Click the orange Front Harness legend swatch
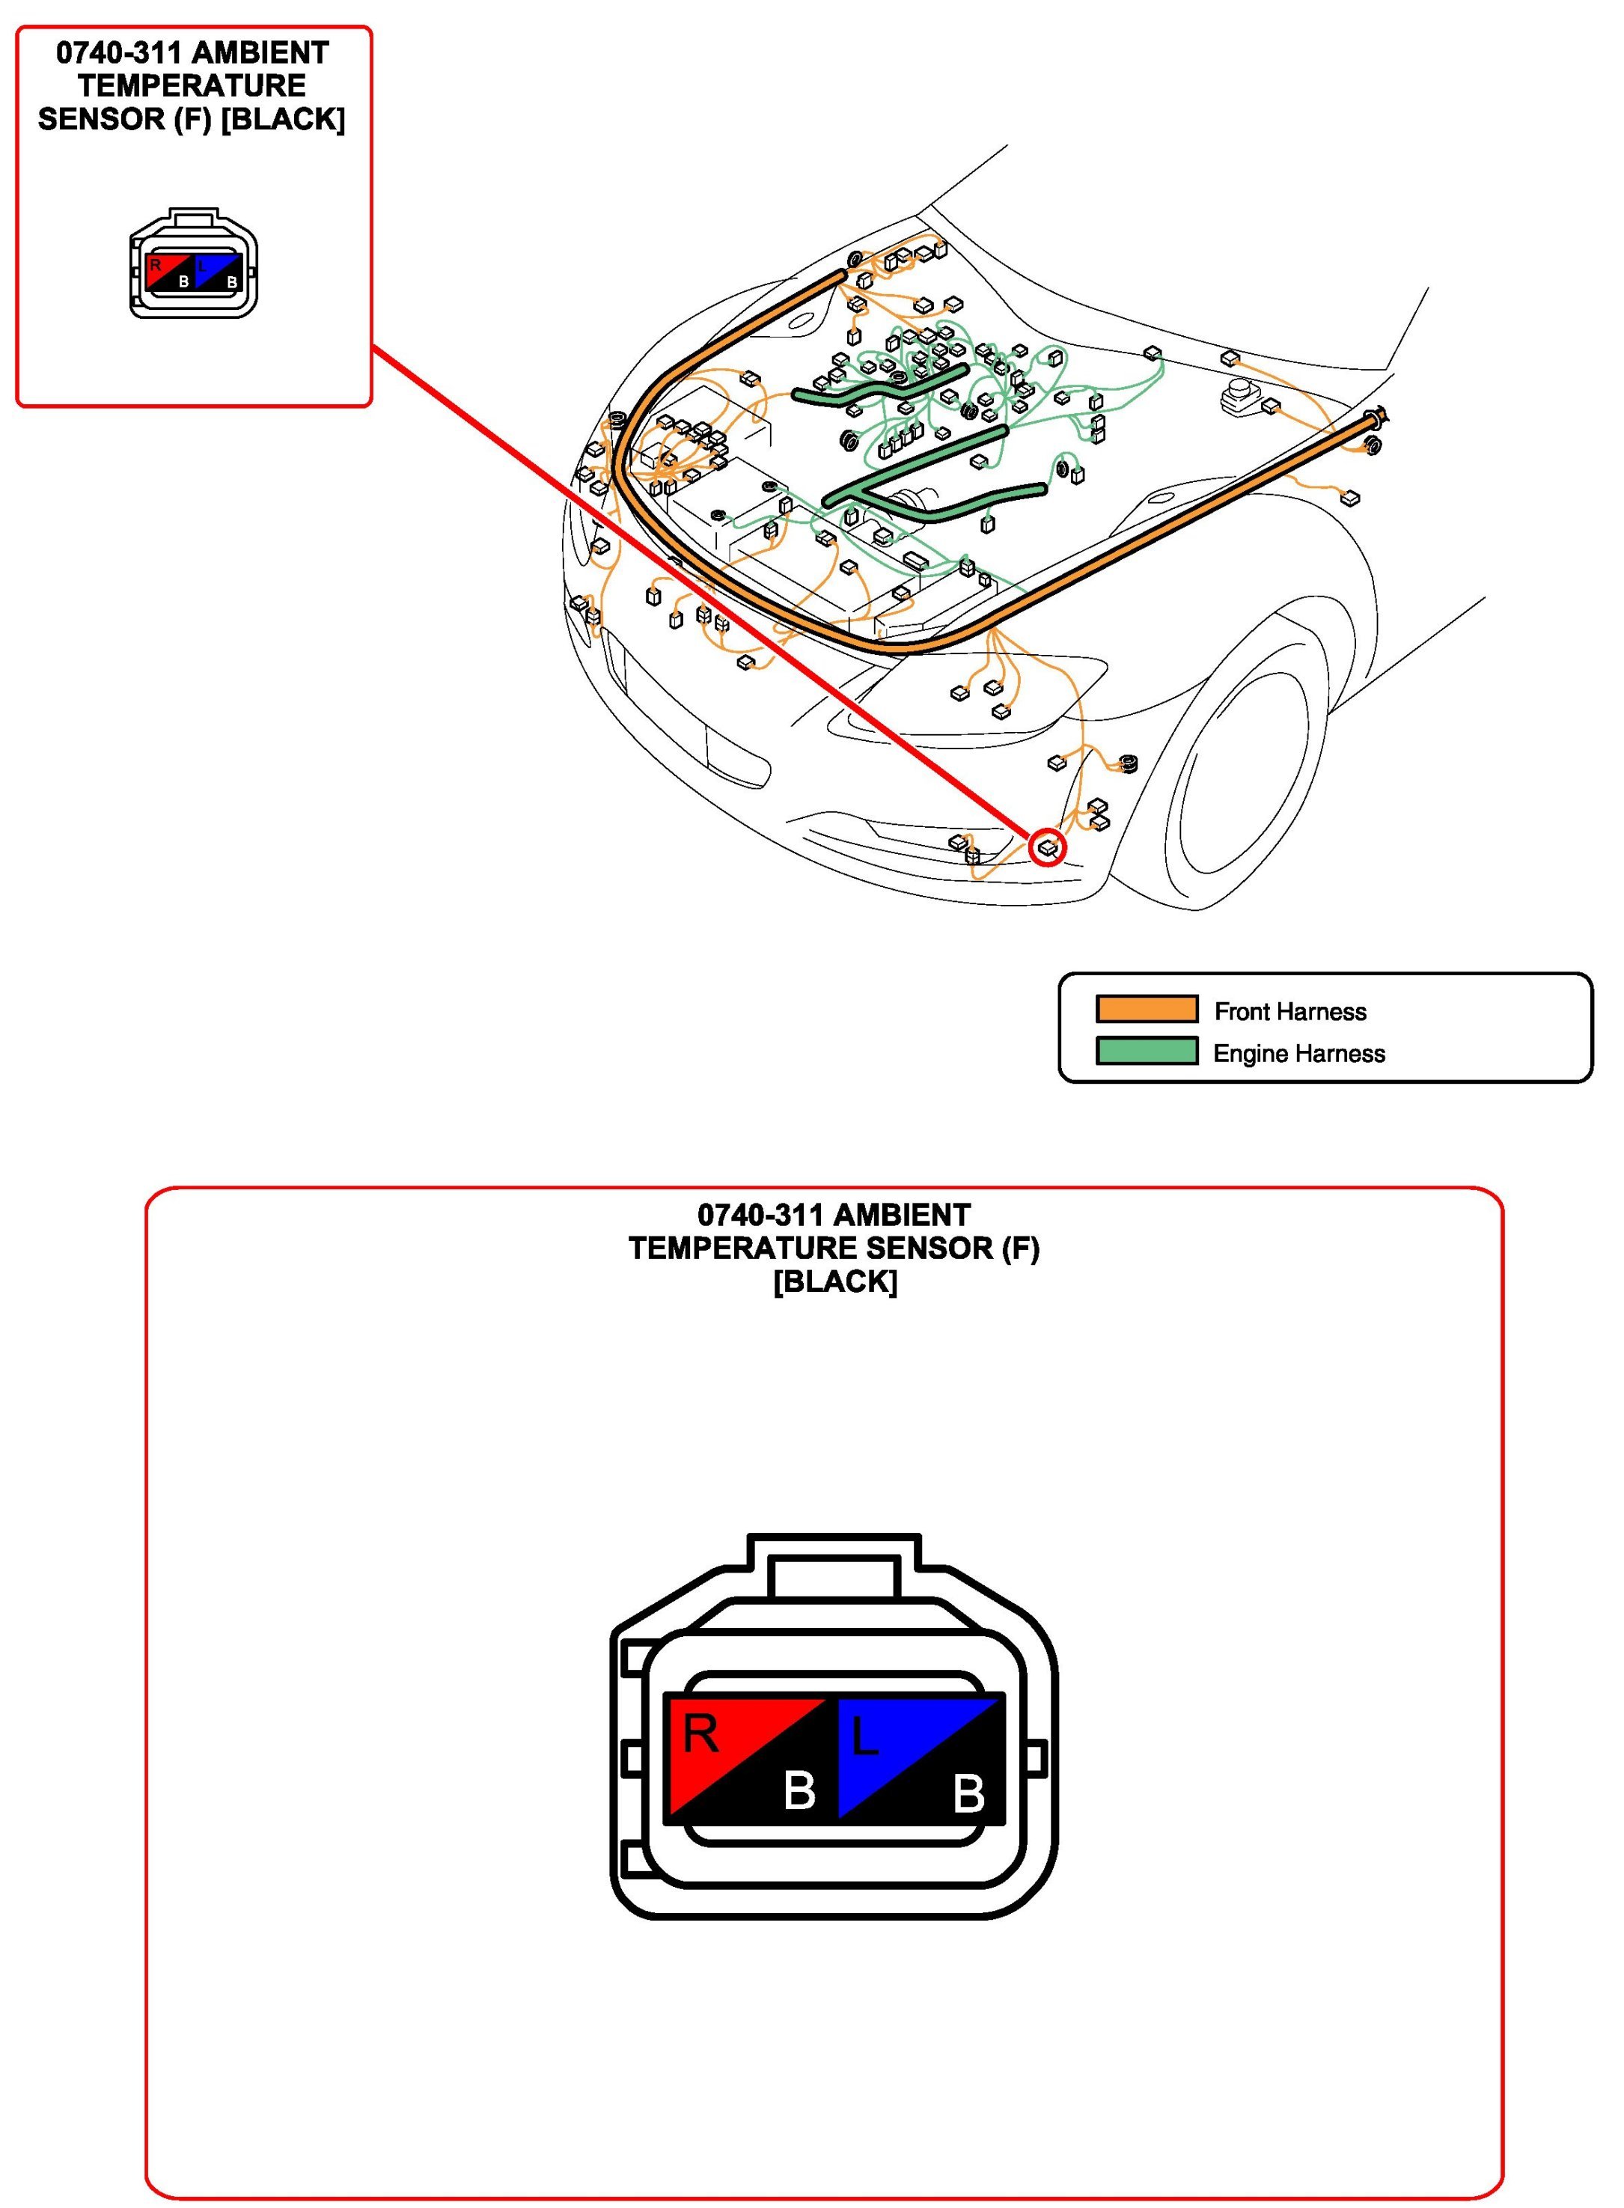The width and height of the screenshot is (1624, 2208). click(1147, 1010)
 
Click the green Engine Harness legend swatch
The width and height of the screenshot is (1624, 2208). click(1147, 1051)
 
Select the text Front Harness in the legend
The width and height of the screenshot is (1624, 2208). click(1289, 1012)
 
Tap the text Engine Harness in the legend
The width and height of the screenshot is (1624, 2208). click(1298, 1054)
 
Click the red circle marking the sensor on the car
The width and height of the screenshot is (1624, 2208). click(1048, 847)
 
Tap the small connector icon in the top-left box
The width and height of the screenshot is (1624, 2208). click(194, 263)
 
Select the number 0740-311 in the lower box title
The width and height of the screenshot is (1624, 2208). click(751, 1215)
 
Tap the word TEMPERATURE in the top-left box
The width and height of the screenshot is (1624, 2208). click(192, 85)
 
